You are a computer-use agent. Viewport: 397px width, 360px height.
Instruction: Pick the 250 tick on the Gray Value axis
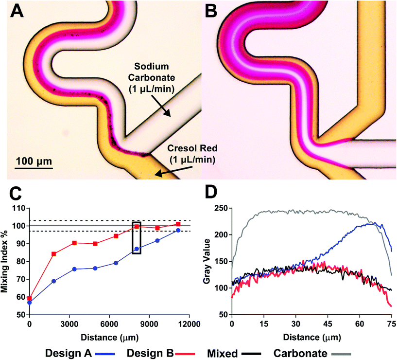tap(224, 208)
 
